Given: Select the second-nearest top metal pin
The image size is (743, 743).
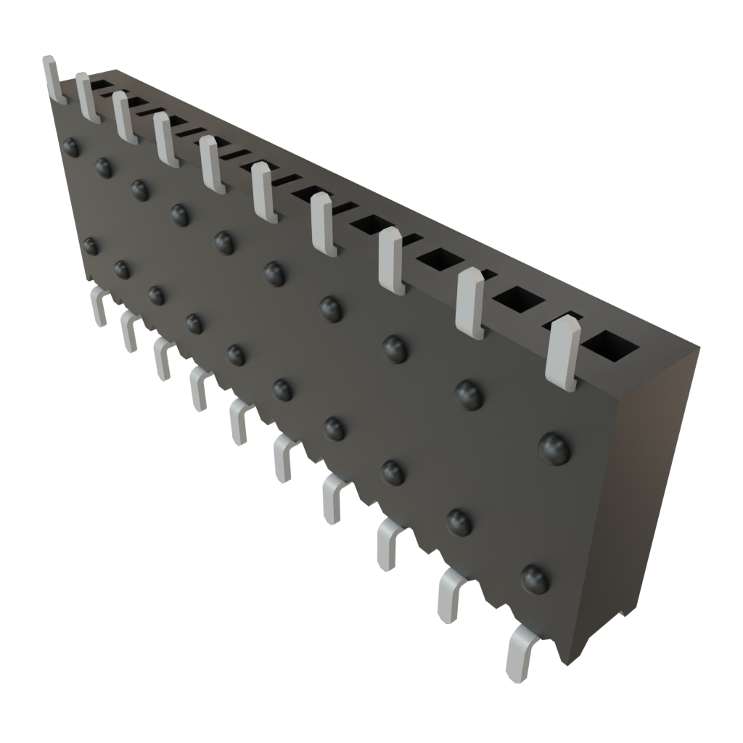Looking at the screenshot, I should coord(470,303).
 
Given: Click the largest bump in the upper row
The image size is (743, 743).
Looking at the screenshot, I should coord(555,448).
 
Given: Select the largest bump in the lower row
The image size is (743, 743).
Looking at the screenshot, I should coord(535,578).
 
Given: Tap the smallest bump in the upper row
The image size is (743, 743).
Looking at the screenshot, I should coord(71,147).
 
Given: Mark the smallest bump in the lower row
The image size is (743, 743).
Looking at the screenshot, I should coord(90,246).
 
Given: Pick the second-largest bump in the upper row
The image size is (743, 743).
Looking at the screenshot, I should coord(469,394).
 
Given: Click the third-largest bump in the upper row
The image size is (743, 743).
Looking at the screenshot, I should coord(395,348).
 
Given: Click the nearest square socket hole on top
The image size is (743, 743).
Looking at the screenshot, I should coord(611,346).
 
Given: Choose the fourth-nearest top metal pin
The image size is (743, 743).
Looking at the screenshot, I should coord(325,226).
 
